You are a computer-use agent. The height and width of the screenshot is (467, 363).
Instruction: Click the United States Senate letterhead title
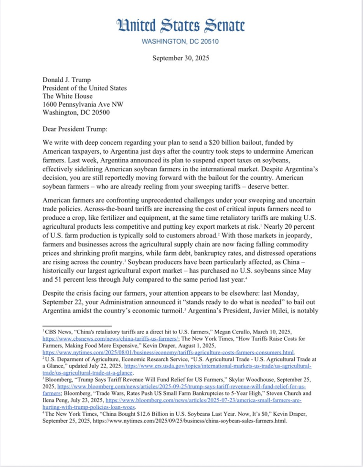(x=181, y=25)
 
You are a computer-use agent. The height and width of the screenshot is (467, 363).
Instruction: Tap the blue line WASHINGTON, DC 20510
(x=181, y=42)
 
